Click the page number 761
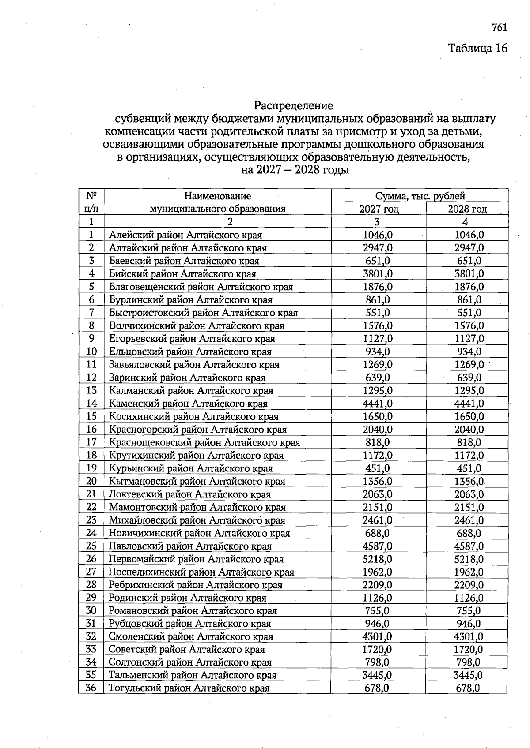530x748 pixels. [499, 28]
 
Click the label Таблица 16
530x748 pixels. [478, 48]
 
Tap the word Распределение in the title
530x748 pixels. [293, 106]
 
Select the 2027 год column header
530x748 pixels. [379, 209]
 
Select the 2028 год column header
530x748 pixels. [467, 209]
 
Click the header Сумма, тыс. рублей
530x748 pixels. [420, 196]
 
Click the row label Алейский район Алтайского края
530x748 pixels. [185, 235]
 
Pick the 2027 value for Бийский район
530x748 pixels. [378, 274]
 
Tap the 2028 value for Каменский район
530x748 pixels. [469, 404]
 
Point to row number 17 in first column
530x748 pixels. [91, 442]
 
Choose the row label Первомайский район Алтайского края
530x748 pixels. [196, 559]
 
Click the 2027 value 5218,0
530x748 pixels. [378, 559]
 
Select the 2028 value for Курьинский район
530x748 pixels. [469, 468]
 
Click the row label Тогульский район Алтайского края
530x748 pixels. [189, 688]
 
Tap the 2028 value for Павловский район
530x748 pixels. [469, 546]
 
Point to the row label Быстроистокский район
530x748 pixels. [203, 313]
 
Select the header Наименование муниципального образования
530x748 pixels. [217, 202]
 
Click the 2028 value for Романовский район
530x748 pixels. [469, 611]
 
